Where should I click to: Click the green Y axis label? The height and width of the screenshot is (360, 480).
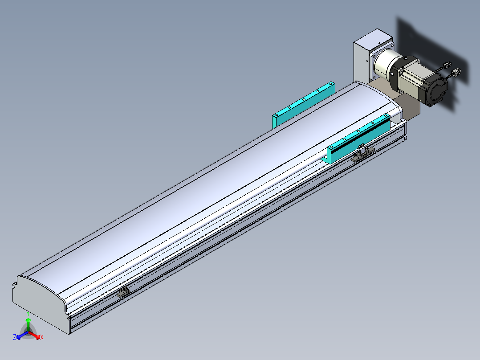point(28,314)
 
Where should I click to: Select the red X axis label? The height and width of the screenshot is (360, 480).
point(42,337)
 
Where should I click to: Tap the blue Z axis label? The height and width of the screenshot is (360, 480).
point(15,337)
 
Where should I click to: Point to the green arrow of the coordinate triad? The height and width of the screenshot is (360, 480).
point(28,325)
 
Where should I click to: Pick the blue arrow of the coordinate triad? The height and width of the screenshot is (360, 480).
point(22,335)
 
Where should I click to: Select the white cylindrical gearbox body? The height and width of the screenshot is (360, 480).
point(385,65)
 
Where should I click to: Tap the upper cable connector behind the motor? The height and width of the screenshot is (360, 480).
point(447,65)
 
